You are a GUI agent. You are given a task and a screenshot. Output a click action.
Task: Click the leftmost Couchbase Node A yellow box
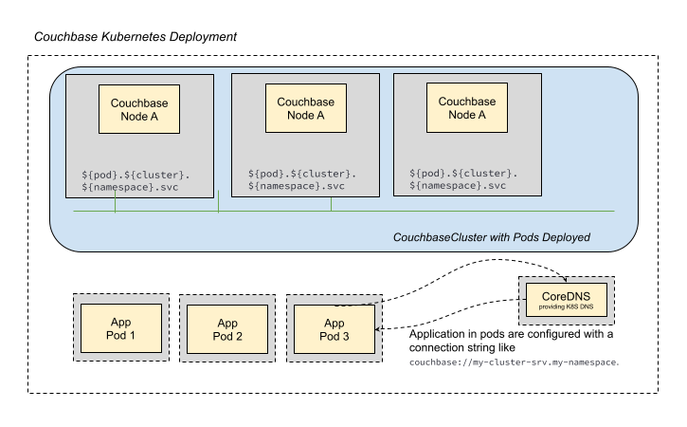[x=141, y=109]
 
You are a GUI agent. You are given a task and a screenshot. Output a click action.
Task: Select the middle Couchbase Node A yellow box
[x=306, y=108]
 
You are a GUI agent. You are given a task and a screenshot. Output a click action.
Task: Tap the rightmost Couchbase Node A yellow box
[x=466, y=108]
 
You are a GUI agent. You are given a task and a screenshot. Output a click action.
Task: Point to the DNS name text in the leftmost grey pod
[x=136, y=181]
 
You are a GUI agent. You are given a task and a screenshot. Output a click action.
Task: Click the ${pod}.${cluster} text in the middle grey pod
[x=302, y=174]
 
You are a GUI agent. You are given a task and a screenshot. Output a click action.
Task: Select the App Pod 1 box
[x=120, y=328]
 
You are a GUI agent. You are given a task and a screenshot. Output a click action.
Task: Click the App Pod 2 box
[x=227, y=329]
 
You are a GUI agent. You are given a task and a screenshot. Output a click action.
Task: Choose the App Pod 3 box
[x=334, y=329]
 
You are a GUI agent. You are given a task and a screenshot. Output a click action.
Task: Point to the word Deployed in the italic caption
[x=567, y=236]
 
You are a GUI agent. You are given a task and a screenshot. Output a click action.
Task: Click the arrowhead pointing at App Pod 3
[x=378, y=329]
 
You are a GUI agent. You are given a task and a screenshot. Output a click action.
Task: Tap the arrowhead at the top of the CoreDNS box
[x=565, y=280]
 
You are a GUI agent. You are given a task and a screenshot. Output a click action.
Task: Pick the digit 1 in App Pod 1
[x=133, y=335]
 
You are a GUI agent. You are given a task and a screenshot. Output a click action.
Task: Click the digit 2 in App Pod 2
[x=240, y=336]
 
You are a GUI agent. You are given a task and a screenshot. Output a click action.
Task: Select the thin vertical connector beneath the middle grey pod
[x=331, y=203]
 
